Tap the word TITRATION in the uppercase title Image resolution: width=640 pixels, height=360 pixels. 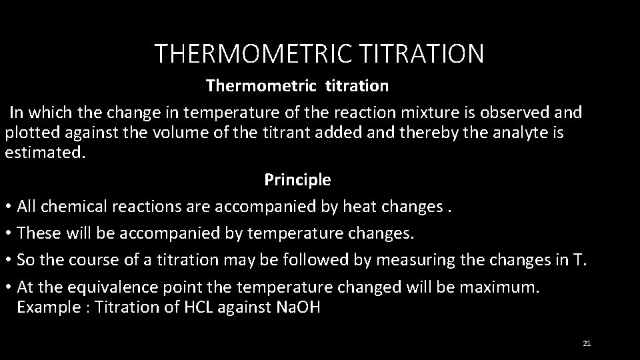pyautogui.click(x=418, y=53)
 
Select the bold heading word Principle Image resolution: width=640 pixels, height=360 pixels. pyautogui.click(x=297, y=180)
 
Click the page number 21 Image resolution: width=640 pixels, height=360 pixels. pyautogui.click(x=587, y=343)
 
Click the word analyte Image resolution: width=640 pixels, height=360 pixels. pyautogui.click(x=524, y=133)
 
